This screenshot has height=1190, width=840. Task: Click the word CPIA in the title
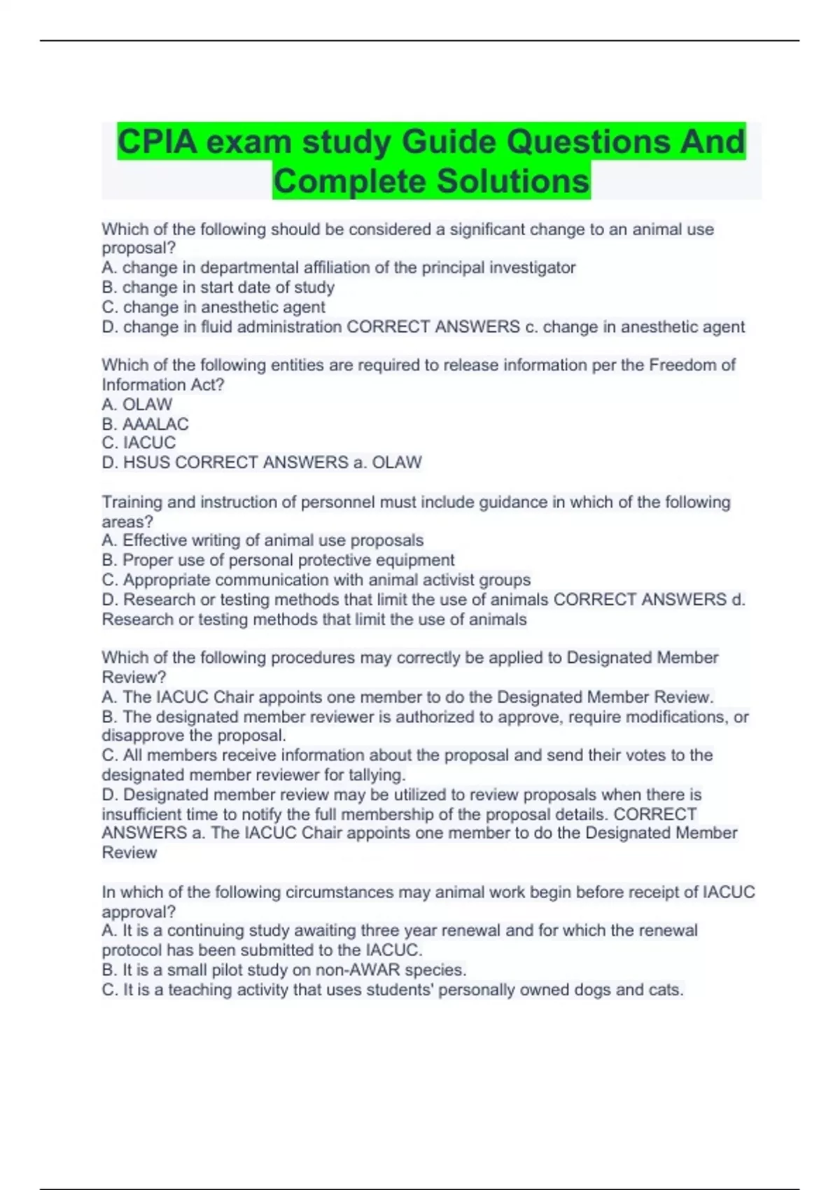(x=156, y=142)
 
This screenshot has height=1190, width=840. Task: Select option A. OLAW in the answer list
(x=137, y=405)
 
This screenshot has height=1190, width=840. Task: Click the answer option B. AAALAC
(x=145, y=424)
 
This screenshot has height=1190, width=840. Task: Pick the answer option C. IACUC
(x=139, y=443)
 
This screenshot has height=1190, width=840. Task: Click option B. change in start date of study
(x=218, y=288)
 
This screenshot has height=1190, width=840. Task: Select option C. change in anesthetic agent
(x=213, y=307)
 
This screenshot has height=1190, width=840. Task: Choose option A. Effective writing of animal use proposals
(x=262, y=540)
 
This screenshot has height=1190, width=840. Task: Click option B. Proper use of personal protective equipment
(x=278, y=560)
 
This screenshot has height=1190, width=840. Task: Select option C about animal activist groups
(x=316, y=580)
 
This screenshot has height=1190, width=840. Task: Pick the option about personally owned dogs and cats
(x=392, y=990)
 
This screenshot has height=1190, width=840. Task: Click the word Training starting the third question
(x=130, y=503)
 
